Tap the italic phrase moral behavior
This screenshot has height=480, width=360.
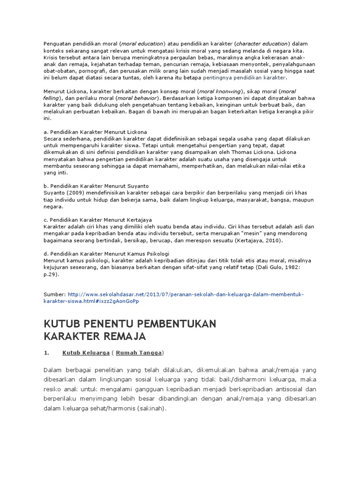139,98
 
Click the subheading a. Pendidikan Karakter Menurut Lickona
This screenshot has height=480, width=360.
95,132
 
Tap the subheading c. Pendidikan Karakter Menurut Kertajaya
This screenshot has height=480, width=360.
97,220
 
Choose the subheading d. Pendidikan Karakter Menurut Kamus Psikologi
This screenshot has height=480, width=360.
106,254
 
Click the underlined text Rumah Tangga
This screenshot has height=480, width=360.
139,352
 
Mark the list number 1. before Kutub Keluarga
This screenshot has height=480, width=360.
46,352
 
